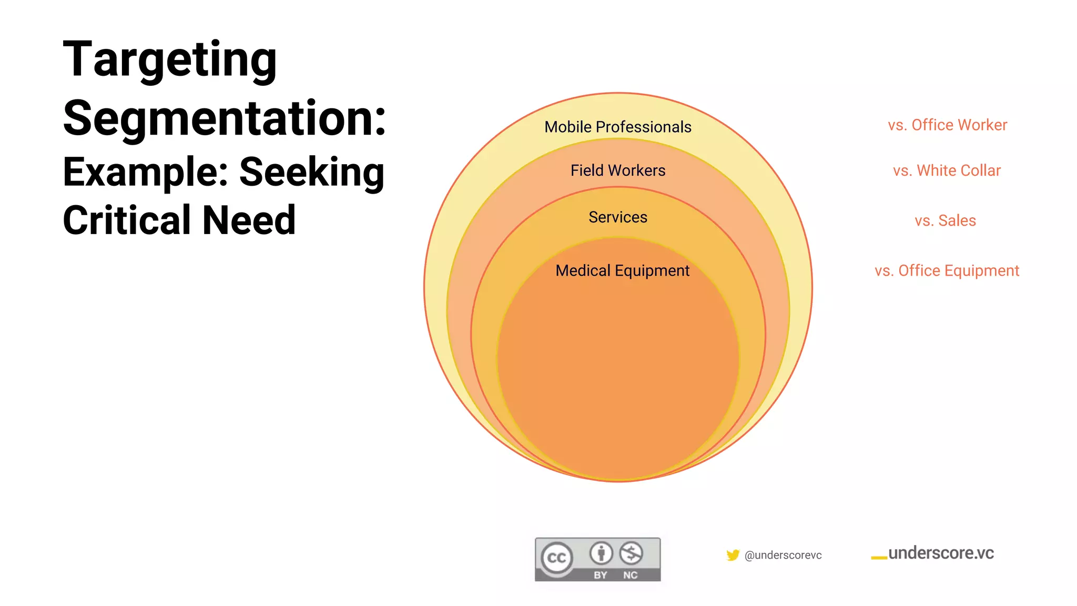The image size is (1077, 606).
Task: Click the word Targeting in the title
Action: (169, 60)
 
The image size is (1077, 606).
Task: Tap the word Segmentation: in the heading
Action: (225, 119)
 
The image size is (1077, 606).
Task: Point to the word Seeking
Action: (312, 173)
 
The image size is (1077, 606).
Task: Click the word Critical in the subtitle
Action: (127, 220)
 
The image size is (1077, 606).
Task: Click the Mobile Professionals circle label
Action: (617, 127)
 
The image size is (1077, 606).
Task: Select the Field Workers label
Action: (617, 170)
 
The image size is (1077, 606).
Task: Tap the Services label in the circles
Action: (617, 217)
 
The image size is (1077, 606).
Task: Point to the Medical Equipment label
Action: (622, 270)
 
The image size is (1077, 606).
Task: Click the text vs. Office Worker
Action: (947, 125)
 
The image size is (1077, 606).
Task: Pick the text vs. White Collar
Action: (947, 170)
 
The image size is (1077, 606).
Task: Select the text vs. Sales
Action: (945, 220)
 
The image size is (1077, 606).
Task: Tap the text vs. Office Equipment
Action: (947, 270)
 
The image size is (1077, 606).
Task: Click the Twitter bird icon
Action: (733, 555)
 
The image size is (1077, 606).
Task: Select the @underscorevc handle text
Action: (783, 555)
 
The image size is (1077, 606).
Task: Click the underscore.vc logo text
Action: (940, 553)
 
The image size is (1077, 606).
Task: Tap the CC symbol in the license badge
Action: (557, 558)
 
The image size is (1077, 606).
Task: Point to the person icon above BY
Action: (601, 553)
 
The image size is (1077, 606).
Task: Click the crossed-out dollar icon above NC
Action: (631, 553)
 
